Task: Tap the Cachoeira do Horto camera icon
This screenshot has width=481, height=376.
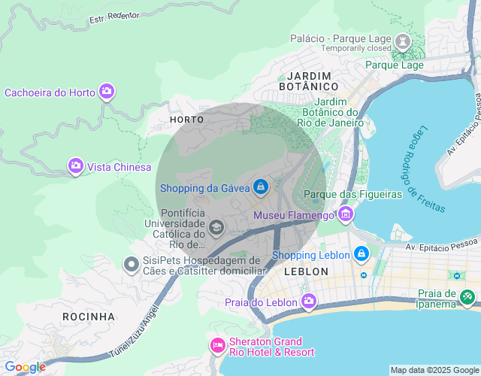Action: [106, 92]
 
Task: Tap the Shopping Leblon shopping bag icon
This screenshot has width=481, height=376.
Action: [362, 255]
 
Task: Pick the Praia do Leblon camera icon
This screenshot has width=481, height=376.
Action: [309, 302]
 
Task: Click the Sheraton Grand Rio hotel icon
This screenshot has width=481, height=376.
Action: [217, 345]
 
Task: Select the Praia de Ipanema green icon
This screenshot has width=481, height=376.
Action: [467, 298]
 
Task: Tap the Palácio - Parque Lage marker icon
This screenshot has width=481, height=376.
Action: [402, 39]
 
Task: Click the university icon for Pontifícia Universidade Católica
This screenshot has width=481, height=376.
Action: [216, 227]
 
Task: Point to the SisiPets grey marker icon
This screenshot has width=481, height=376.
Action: [131, 264]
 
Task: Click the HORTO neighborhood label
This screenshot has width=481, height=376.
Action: [186, 120]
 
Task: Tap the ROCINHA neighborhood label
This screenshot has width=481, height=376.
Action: [89, 316]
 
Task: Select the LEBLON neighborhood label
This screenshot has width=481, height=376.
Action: [307, 271]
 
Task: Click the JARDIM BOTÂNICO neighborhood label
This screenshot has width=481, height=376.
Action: [319, 81]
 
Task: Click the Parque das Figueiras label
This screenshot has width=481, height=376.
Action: [352, 195]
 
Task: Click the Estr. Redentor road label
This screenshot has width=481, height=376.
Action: [116, 17]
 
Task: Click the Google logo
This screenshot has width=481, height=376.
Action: [26, 367]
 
